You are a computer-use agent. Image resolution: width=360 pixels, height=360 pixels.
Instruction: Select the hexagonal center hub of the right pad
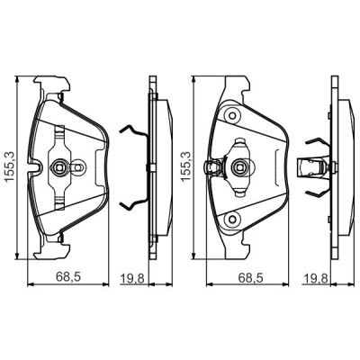pyautogui.click(x=239, y=166)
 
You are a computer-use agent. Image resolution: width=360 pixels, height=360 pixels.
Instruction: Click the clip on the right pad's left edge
pyautogui.click(x=212, y=166)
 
